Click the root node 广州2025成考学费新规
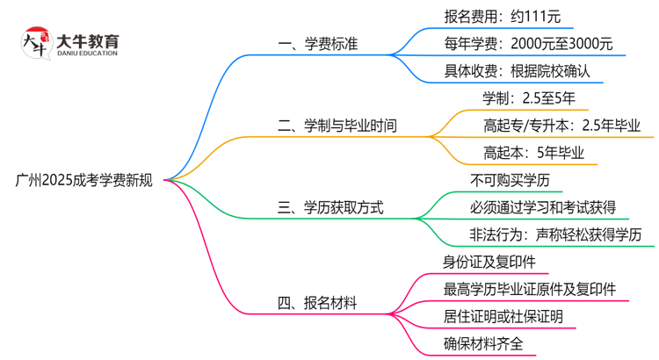click(x=84, y=181)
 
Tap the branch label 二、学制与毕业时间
click(x=337, y=126)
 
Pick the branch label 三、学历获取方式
click(x=330, y=208)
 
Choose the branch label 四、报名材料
click(x=317, y=304)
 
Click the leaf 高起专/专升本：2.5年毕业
click(x=562, y=126)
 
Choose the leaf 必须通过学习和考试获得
click(x=542, y=208)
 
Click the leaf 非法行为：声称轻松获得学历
click(x=556, y=234)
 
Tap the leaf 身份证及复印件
click(x=489, y=263)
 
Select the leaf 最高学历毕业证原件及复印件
click(x=530, y=289)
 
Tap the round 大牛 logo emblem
click(x=36, y=45)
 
